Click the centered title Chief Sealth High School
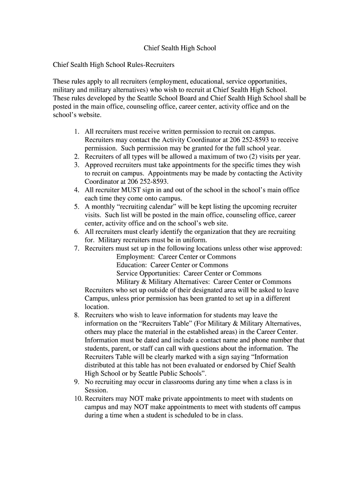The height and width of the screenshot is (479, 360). [180, 48]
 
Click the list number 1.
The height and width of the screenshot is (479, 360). [76, 132]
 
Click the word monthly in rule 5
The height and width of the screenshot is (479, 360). [102, 206]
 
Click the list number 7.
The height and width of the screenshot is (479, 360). [76, 248]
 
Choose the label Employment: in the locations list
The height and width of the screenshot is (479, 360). [136, 257]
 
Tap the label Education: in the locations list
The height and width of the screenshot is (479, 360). [132, 265]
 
